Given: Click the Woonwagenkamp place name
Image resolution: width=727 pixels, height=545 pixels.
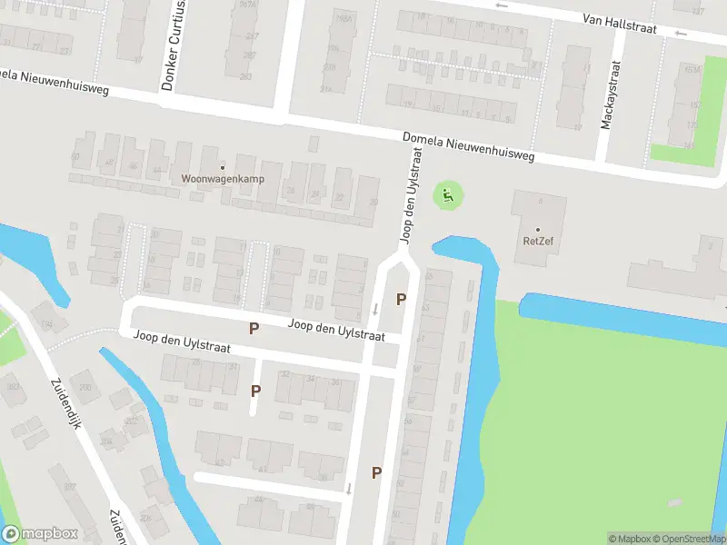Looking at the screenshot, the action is (x=223, y=179).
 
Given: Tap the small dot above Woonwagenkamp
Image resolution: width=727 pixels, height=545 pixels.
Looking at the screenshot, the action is (x=223, y=166).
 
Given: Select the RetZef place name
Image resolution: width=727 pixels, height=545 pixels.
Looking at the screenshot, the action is (x=537, y=241).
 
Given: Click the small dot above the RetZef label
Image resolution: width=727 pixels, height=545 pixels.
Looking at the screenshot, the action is (x=537, y=229).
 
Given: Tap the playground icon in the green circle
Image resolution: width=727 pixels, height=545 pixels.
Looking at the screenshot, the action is (x=446, y=193).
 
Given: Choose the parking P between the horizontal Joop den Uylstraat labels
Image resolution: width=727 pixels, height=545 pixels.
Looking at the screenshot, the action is (x=254, y=328).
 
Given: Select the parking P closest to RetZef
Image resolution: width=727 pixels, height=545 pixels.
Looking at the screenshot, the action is (x=401, y=298).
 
